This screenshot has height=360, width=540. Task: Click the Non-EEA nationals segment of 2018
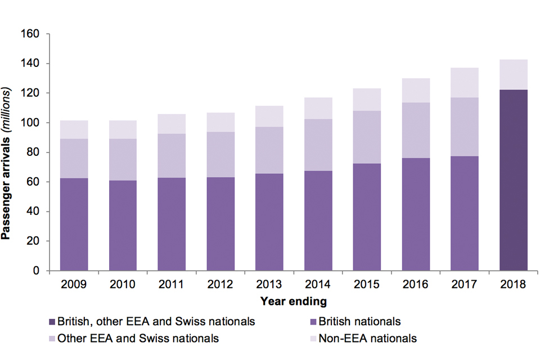[x=513, y=74]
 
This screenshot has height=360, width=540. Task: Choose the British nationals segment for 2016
[x=415, y=214]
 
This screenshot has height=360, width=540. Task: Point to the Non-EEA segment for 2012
[x=220, y=122]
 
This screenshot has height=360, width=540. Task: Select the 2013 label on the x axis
[x=269, y=284]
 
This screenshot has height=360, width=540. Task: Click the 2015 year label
[x=367, y=284]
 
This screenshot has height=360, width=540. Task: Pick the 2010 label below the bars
[x=123, y=284]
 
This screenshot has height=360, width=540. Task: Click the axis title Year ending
[x=293, y=301]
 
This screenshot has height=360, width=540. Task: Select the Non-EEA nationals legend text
[x=367, y=339]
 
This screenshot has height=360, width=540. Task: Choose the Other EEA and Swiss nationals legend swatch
[x=52, y=339]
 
